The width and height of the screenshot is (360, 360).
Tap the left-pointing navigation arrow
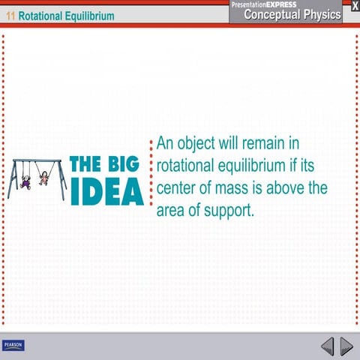pos(328,346)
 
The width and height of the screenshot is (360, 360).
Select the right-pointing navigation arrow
pos(346,346)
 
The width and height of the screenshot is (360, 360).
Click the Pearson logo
pos(13,345)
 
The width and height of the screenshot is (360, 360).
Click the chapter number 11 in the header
pos(10,15)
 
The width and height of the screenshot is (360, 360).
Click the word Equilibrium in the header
pos(91,15)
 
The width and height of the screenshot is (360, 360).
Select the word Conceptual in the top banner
pos(271,14)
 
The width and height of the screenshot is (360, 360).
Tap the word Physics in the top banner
pos(322,14)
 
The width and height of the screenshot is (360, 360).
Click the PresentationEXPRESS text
pos(264,4)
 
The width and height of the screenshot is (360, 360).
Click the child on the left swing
pos(25,181)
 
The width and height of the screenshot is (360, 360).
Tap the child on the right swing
pos(43,178)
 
